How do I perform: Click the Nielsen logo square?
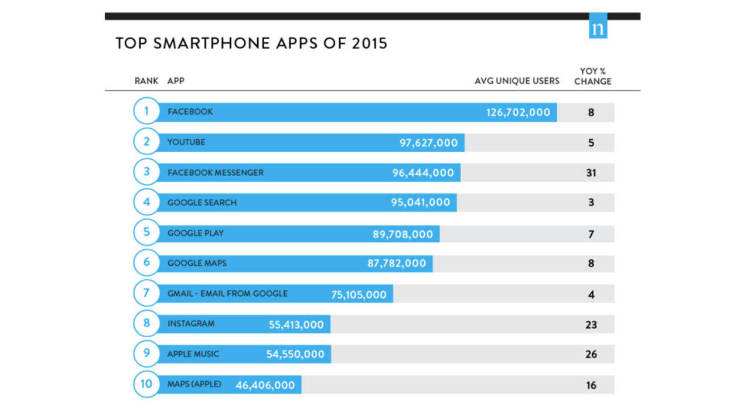tap(598, 26)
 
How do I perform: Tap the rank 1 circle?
tap(146, 111)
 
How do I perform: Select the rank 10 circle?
tap(146, 384)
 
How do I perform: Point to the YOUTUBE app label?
tap(186, 142)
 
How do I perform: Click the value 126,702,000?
tap(518, 112)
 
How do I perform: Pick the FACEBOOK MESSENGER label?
tap(216, 173)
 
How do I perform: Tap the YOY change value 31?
tap(591, 173)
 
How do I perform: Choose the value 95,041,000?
tap(421, 203)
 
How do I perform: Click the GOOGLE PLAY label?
tap(196, 233)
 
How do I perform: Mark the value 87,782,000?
tap(397, 263)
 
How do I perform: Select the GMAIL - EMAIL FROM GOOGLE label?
tap(227, 293)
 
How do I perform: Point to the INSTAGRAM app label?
tap(191, 323)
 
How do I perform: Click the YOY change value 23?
tap(591, 324)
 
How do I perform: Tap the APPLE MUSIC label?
tap(193, 354)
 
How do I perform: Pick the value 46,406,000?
tap(265, 385)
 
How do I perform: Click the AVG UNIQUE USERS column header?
tap(517, 81)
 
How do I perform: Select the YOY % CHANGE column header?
tap(592, 77)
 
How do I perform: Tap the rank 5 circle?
tap(146, 232)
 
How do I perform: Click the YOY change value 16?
tap(591, 385)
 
